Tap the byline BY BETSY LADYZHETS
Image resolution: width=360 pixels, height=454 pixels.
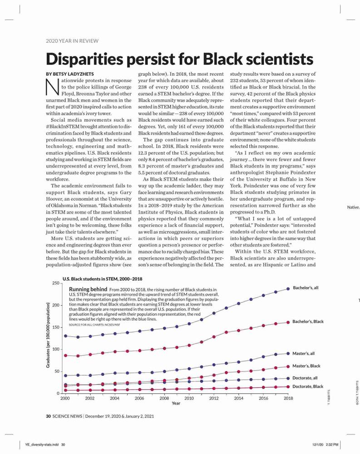click(70, 74)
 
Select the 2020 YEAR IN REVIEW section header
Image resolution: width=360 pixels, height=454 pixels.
click(72, 41)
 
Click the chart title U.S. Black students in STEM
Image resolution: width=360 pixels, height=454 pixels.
click(102, 279)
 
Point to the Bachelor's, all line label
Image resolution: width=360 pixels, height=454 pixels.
click(306, 288)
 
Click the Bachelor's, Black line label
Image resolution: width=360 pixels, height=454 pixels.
click(308, 321)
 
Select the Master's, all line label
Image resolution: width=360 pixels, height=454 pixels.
click(304, 354)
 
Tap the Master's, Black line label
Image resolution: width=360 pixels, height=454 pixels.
click(306, 366)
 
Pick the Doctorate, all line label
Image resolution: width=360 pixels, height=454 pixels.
click(305, 378)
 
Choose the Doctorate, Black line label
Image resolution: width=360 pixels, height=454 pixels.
click(308, 386)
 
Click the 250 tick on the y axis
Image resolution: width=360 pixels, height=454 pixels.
click(55, 283)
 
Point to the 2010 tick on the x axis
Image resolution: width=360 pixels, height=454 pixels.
click(189, 398)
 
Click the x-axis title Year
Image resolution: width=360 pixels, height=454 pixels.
click(176, 403)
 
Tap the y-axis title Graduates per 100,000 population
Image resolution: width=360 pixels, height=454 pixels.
click(48, 335)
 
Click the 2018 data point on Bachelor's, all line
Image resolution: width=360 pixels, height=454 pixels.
click(288, 289)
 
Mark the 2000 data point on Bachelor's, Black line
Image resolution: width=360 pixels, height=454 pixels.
click(65, 355)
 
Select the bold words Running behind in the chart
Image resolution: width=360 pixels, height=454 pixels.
click(88, 289)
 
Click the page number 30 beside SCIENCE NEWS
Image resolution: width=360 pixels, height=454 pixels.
click(49, 416)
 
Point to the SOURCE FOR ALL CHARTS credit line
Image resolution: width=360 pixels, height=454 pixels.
click(94, 325)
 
